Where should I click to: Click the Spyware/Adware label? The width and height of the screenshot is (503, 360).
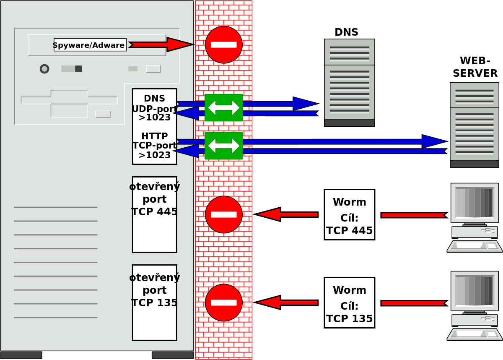90,45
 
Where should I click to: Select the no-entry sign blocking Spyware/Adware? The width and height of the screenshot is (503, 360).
224,45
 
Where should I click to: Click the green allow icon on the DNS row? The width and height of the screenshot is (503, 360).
224,108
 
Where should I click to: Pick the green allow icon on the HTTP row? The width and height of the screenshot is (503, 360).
224,146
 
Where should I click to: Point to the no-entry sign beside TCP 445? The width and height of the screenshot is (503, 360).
224,214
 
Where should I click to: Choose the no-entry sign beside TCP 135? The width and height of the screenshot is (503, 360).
224,303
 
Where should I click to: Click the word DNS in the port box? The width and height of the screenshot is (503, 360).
154,99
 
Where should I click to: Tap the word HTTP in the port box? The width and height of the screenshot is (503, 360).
154,137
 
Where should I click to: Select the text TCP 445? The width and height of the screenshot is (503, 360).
154,212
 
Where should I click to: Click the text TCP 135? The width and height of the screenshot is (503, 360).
154,303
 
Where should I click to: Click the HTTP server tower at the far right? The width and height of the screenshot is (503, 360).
474,125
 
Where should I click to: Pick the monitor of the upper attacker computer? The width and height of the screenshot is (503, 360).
474,203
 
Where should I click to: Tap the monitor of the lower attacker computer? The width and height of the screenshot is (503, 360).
474,291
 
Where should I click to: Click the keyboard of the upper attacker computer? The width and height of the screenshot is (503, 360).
474,246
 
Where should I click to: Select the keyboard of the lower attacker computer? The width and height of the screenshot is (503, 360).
474,334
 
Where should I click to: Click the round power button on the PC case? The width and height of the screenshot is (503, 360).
44,69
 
